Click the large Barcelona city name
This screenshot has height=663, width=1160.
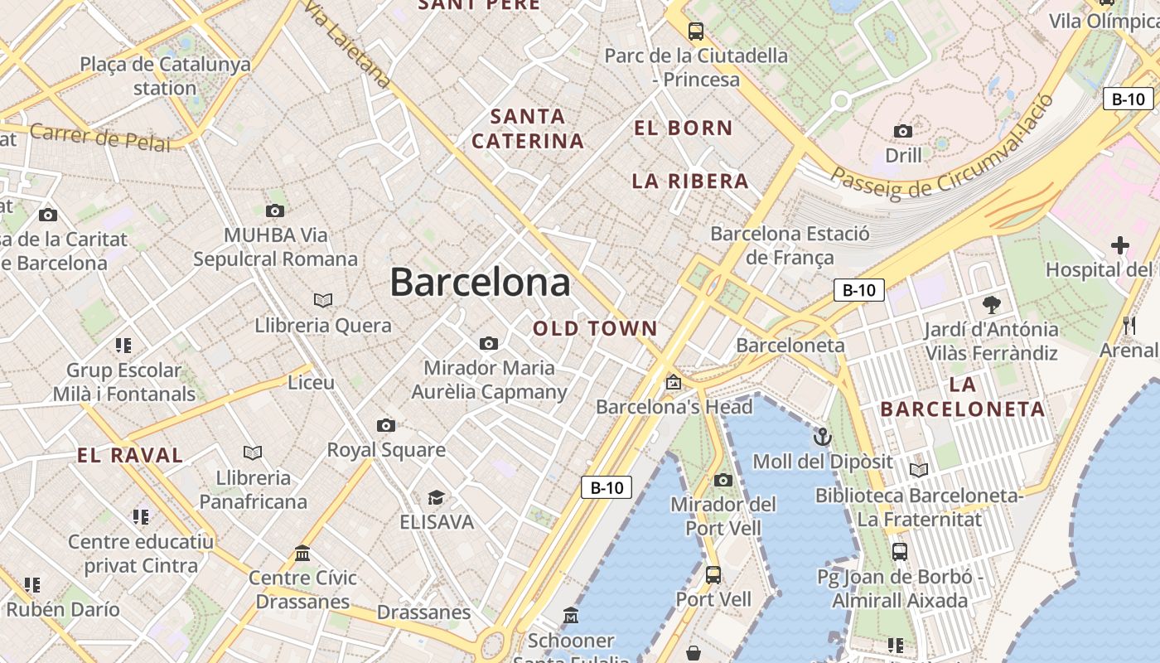[x=480, y=283]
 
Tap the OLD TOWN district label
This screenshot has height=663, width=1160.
[x=595, y=328]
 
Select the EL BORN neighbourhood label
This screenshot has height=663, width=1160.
[x=683, y=128]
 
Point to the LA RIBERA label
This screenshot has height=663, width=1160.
[x=689, y=181]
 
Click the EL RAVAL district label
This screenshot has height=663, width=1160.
[x=130, y=455]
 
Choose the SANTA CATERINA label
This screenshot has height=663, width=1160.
[x=528, y=128]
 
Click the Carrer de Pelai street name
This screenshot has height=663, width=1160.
[x=99, y=137]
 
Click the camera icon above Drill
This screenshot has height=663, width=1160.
[x=903, y=131]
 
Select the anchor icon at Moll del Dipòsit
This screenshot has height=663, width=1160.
[x=822, y=436]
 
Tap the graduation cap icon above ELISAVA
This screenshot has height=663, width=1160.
[x=436, y=497]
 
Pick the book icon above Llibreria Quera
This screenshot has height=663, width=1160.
[x=323, y=300]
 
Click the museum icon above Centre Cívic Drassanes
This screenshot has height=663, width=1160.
[x=302, y=553]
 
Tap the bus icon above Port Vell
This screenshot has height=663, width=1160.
[x=713, y=574]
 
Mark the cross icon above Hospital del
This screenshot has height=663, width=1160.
[x=1120, y=245]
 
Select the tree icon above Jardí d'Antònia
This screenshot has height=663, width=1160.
[x=990, y=304]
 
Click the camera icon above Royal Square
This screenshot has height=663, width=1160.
[x=386, y=425]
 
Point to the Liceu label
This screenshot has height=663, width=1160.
[x=311, y=382]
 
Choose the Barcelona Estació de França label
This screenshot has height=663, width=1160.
[x=790, y=245]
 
